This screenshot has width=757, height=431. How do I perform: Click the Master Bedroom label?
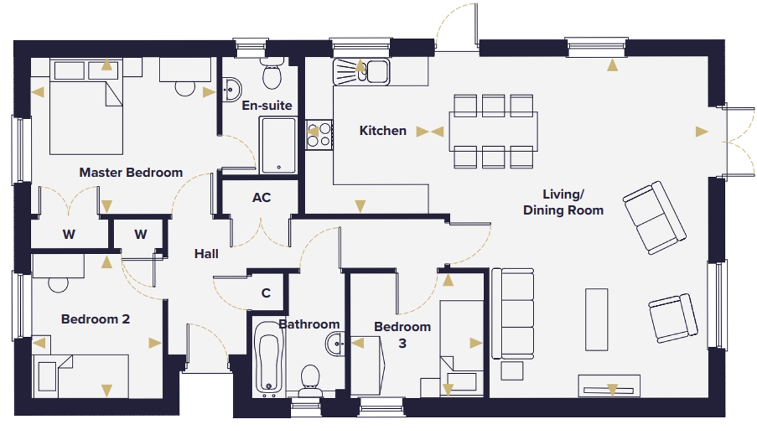click(x=131, y=173)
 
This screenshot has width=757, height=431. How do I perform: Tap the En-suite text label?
click(x=267, y=106)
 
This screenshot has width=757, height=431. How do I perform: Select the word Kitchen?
click(x=382, y=130)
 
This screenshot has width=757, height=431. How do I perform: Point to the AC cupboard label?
click(x=262, y=197)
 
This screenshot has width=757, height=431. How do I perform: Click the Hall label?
click(x=206, y=254)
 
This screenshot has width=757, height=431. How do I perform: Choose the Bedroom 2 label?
click(x=95, y=319)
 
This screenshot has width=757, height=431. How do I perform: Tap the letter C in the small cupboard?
click(x=266, y=293)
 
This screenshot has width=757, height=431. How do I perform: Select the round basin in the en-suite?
click(x=232, y=89)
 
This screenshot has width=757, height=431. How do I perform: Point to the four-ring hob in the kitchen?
click(x=319, y=135)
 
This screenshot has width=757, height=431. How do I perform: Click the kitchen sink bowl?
click(x=377, y=71)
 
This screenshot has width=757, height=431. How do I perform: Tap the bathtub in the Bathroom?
click(x=269, y=358)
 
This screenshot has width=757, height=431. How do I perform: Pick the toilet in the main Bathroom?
click(x=310, y=381)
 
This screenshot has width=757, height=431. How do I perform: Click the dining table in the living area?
click(x=493, y=131)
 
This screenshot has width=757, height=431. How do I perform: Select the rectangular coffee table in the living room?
click(x=597, y=319)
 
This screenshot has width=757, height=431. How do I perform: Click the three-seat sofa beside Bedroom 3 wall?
click(x=513, y=314)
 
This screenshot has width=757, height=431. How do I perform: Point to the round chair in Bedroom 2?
click(x=58, y=285)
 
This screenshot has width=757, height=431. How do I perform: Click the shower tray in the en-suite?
click(x=278, y=146)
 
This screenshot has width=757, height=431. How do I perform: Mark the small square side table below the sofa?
click(x=512, y=371)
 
